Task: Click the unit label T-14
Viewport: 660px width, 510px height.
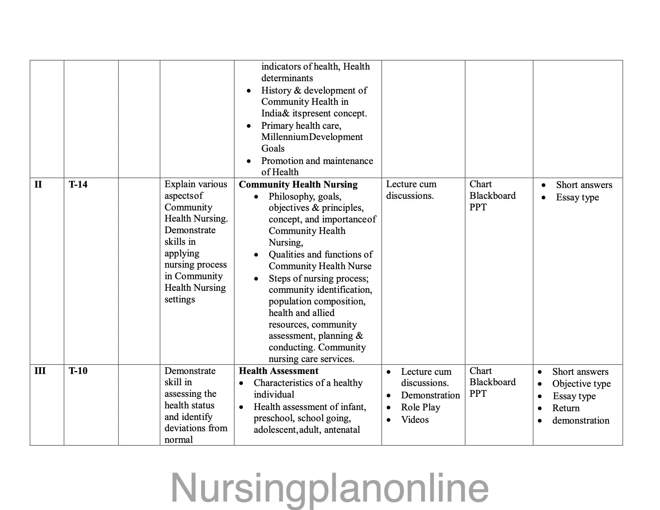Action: click(x=78, y=184)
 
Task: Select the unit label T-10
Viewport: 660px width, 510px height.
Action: click(x=78, y=371)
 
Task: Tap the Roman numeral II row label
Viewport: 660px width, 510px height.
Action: click(x=38, y=184)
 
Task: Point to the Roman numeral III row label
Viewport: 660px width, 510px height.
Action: click(x=40, y=371)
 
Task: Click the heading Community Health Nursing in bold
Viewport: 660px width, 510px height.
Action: click(x=298, y=184)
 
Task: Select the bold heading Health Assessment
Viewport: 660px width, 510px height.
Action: click(x=278, y=371)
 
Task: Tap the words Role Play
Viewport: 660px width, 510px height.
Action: click(x=420, y=407)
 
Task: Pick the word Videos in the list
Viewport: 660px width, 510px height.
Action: click(x=415, y=420)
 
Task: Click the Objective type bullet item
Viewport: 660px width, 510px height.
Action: click(x=581, y=384)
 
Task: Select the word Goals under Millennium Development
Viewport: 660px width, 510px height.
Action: click(x=273, y=148)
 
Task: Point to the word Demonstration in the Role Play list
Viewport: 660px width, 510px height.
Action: click(x=430, y=395)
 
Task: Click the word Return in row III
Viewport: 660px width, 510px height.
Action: click(x=566, y=408)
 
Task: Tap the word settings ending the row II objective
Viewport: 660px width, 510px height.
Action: click(x=180, y=299)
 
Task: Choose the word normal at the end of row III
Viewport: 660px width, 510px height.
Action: click(x=178, y=440)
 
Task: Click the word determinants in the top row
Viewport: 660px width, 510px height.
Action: click(x=287, y=78)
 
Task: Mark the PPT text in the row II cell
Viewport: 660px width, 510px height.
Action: click(x=478, y=207)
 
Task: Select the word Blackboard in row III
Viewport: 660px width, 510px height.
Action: click(x=492, y=382)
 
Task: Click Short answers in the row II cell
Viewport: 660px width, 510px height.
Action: click(x=584, y=185)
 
